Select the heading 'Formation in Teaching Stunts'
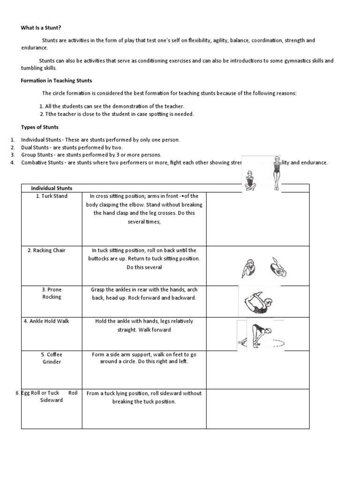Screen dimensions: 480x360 pos(56,81)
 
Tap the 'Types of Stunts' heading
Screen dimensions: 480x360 pos(40,127)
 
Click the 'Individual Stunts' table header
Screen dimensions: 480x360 pos(52,188)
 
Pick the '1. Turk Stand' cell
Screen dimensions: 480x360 pos(52,196)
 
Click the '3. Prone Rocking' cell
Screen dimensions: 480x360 pos(52,293)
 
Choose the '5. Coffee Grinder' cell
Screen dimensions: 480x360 pos(52,358)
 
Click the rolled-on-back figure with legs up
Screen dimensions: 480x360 pos(278,268)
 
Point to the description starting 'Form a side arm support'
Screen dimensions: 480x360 pos(144,358)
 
